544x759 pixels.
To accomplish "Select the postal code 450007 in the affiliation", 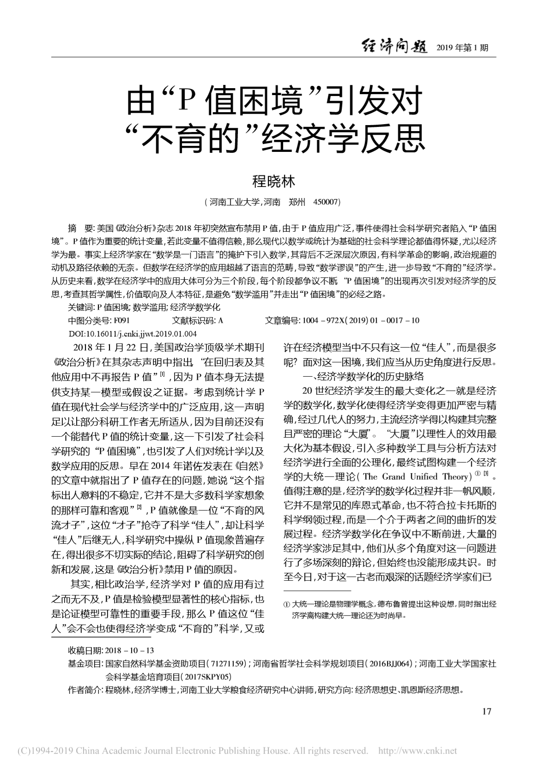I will click(326, 202).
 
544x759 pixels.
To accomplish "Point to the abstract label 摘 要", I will click(80, 228).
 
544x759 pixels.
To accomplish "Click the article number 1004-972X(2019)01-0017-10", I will click(360, 320).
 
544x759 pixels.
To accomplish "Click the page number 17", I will click(486, 711).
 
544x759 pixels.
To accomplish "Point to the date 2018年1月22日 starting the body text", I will click(110, 348).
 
